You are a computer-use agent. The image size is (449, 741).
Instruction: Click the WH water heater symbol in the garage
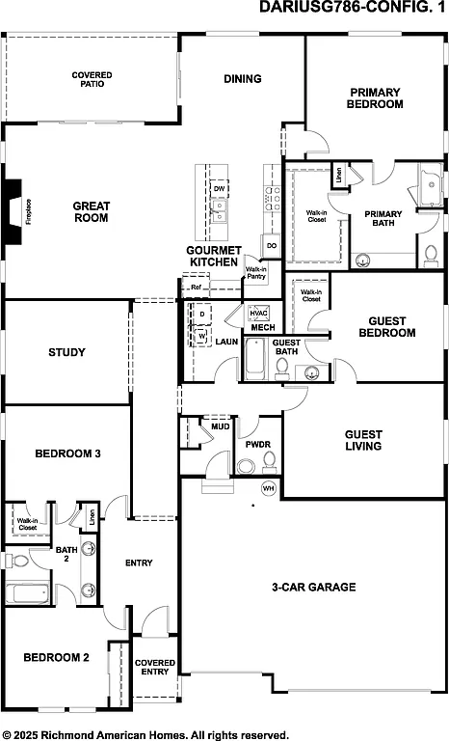click(x=269, y=487)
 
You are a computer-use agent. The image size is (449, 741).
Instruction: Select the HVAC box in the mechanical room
click(x=258, y=314)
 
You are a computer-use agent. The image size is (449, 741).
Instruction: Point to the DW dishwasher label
click(x=220, y=188)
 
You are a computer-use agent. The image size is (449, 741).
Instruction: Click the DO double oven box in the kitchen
click(x=271, y=246)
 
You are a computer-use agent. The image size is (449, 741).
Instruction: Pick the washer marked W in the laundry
click(x=202, y=336)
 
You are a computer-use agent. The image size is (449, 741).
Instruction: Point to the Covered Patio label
click(x=92, y=79)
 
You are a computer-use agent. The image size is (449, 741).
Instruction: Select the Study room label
click(x=66, y=352)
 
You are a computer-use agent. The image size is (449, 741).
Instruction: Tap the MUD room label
click(x=219, y=425)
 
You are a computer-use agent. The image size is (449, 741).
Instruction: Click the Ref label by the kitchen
click(x=196, y=287)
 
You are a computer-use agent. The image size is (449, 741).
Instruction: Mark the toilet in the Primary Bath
click(x=430, y=257)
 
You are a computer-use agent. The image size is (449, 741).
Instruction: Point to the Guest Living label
click(x=363, y=440)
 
